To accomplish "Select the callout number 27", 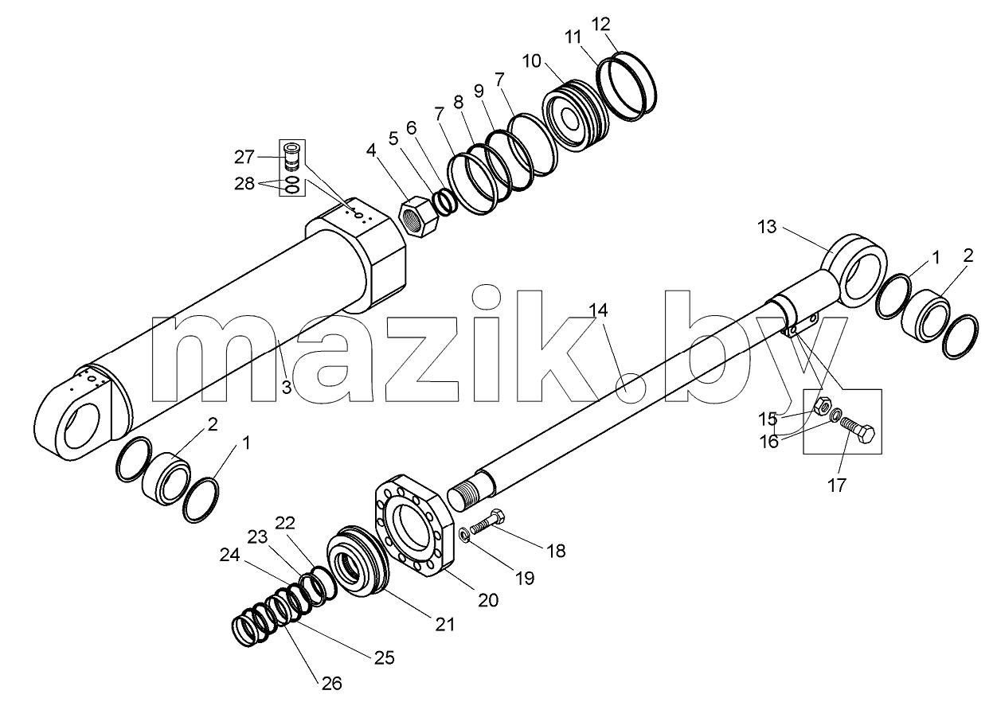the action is (244, 157).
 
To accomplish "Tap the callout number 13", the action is (767, 227).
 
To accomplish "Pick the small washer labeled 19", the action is (463, 534).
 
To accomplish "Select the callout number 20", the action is (488, 600).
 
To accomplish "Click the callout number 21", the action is (444, 625).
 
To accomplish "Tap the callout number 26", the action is (331, 684).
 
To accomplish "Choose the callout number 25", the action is (384, 657).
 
